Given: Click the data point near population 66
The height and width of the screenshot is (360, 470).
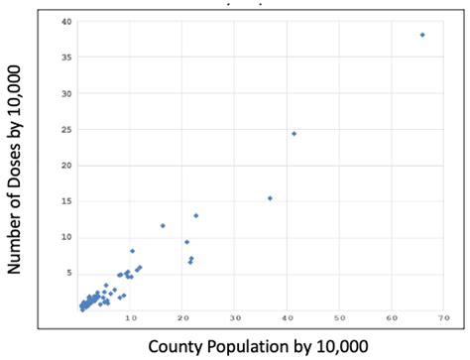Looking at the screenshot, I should [x=422, y=35].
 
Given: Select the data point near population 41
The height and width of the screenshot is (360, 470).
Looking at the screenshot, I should [x=294, y=133].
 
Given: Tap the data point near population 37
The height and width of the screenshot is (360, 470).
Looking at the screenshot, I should [x=270, y=197].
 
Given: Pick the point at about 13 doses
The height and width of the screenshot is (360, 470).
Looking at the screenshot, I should [x=195, y=215].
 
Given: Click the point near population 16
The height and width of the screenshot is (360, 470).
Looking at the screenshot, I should [x=163, y=225].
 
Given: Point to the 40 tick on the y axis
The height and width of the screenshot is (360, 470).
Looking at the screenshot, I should [x=65, y=22].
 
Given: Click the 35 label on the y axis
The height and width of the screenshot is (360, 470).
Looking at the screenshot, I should [x=65, y=58].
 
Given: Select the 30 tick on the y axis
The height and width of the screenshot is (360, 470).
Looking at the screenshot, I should [x=65, y=93].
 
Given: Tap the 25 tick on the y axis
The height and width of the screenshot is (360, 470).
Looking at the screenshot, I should [x=65, y=129].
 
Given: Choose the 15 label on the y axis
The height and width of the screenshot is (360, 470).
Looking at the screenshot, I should [x=65, y=200].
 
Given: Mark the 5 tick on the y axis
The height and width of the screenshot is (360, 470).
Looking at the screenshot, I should [x=67, y=272].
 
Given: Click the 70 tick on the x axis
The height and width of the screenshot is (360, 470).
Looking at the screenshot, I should [x=443, y=318].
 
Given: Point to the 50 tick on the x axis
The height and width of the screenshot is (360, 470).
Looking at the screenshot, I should [x=339, y=318].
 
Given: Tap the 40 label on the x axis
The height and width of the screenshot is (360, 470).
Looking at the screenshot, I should [x=287, y=318].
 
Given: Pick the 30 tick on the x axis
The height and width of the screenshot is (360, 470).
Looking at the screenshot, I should [x=235, y=318].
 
